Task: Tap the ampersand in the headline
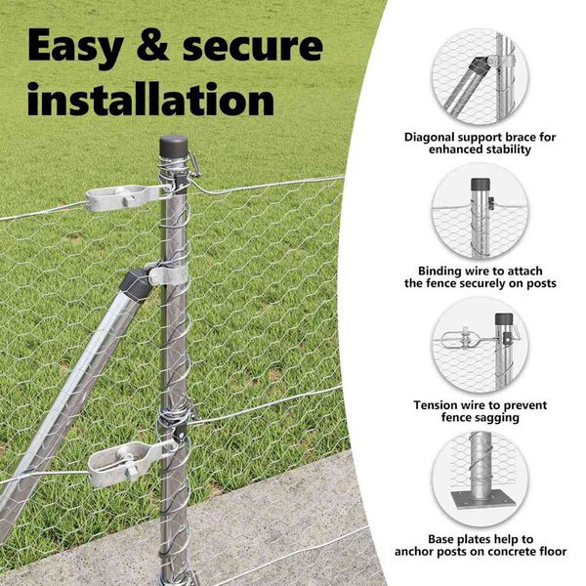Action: tap(153, 45)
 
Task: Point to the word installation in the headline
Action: tap(151, 99)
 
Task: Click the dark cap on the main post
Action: tap(174, 146)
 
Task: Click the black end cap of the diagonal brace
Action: tap(137, 285)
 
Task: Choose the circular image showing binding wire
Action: tap(480, 212)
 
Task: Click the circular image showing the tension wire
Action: tap(480, 346)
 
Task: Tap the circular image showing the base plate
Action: tap(480, 480)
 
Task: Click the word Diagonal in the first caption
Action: tap(429, 138)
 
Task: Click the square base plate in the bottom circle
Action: tap(481, 500)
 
